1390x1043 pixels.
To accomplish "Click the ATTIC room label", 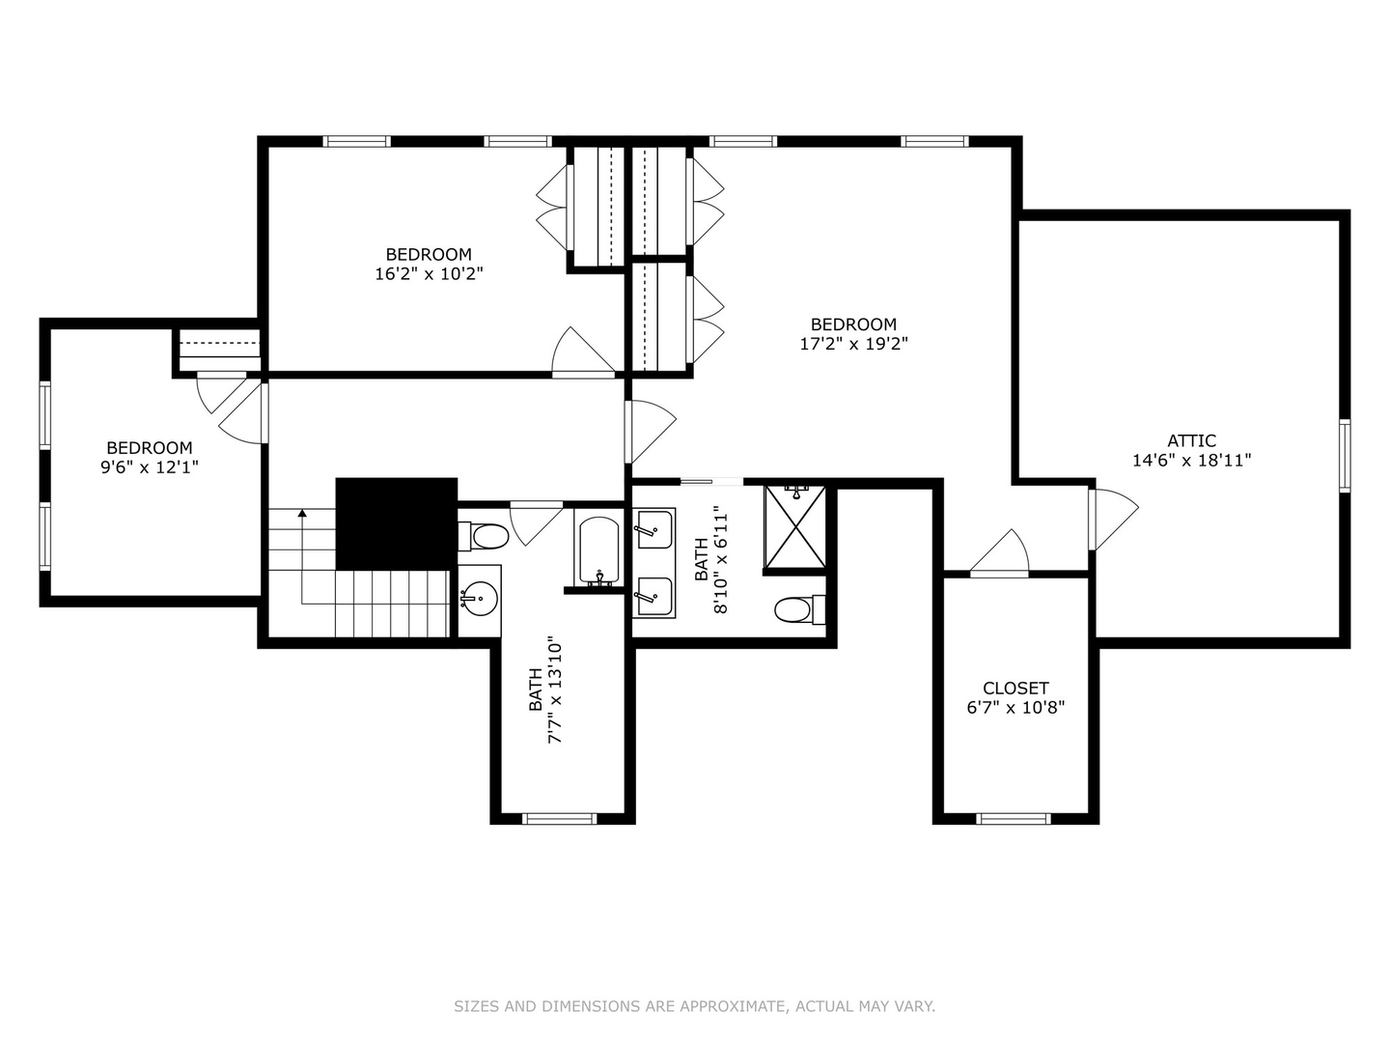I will [x=1191, y=440].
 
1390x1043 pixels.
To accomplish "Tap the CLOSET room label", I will [x=1015, y=688].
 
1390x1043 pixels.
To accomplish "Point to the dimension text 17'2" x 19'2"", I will [x=853, y=344].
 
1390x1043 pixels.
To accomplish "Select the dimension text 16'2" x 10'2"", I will [x=429, y=274].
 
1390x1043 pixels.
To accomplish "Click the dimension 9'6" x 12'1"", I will [x=150, y=467].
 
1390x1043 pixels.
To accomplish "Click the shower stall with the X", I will [x=795, y=527].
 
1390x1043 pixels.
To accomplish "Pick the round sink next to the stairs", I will [x=478, y=599].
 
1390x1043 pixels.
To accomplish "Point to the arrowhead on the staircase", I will [x=302, y=514].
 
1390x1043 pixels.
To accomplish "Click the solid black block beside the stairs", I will [x=396, y=522].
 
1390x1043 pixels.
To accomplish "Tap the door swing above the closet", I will [x=1002, y=554].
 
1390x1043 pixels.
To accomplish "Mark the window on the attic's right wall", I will [x=1344, y=456].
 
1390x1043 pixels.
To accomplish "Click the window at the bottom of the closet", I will [x=1013, y=819].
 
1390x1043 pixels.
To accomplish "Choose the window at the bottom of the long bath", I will [x=560, y=819].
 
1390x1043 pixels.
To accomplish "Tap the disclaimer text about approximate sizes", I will [x=694, y=1006].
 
